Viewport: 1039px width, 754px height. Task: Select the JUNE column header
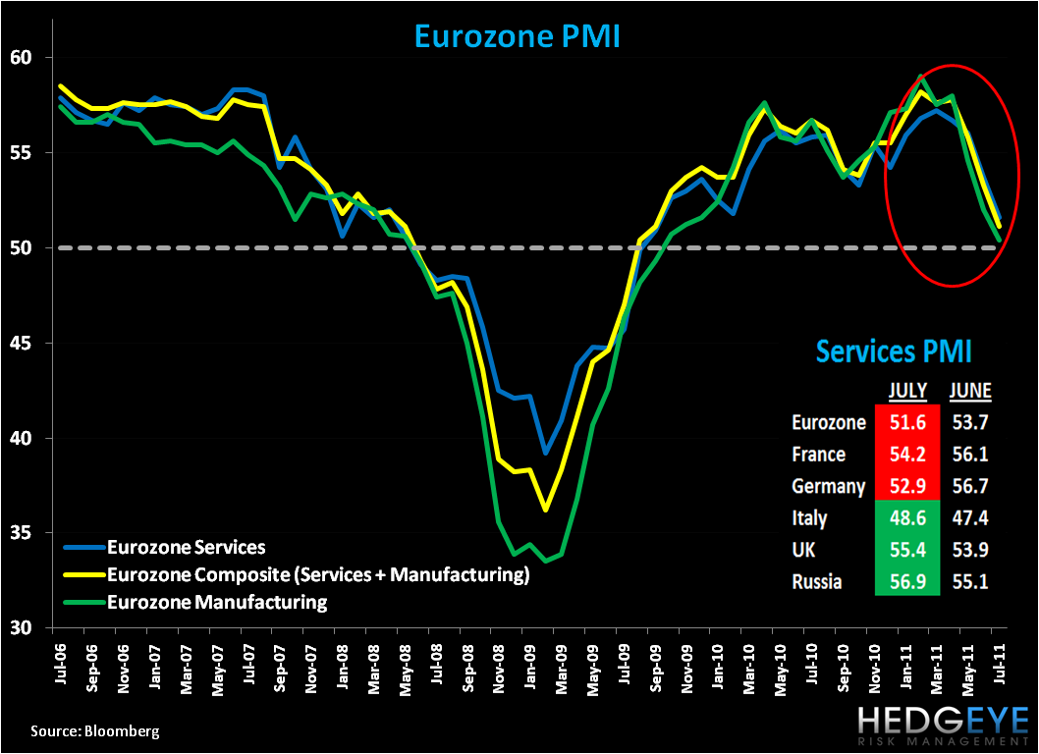pyautogui.click(x=969, y=391)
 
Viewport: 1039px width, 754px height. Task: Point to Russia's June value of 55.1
pyautogui.click(x=969, y=581)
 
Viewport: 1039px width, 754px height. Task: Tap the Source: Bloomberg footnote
pyautogui.click(x=94, y=731)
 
